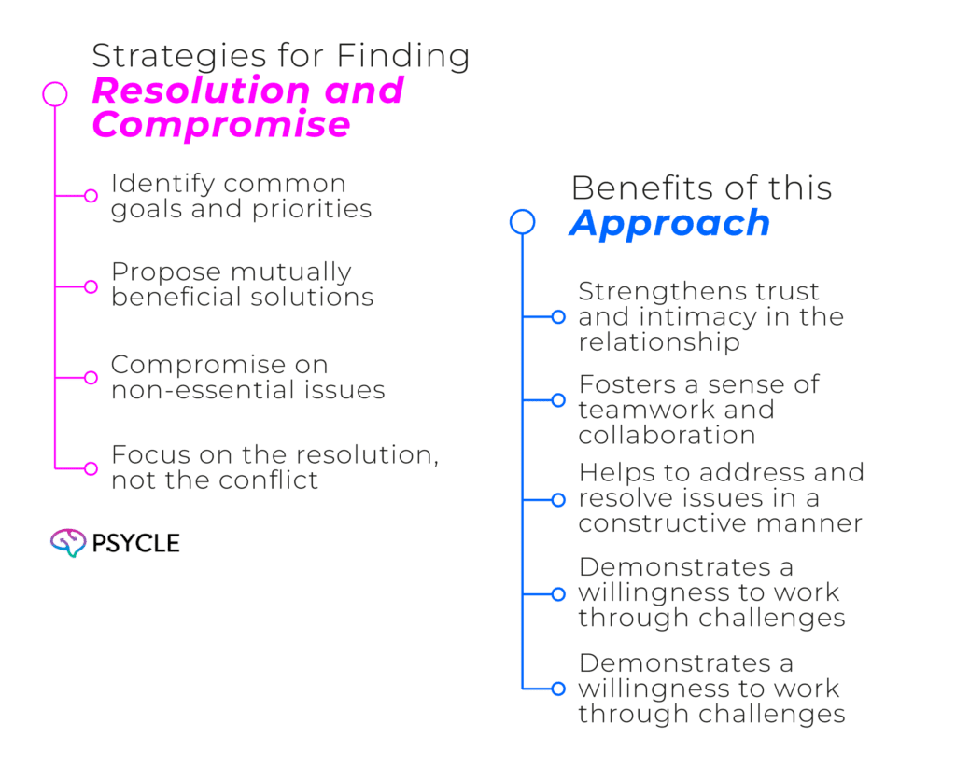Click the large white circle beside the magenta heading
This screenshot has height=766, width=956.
[x=55, y=94]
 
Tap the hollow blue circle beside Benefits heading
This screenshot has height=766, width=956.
[x=523, y=222]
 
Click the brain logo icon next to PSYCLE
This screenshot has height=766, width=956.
[x=67, y=542]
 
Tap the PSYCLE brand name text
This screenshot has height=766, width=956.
[x=136, y=542]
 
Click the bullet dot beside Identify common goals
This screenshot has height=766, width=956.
[x=91, y=196]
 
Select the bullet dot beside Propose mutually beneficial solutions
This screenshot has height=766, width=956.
[x=91, y=286]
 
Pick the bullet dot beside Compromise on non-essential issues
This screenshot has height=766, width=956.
[x=91, y=378]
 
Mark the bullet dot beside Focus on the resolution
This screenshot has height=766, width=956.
[x=91, y=468]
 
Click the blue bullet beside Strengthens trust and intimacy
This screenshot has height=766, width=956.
[x=558, y=317]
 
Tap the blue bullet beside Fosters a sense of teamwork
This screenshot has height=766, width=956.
[x=558, y=400]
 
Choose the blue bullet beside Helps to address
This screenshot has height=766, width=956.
[x=558, y=499]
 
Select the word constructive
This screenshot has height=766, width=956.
[x=667, y=523]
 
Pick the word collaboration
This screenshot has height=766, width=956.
[x=667, y=435]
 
